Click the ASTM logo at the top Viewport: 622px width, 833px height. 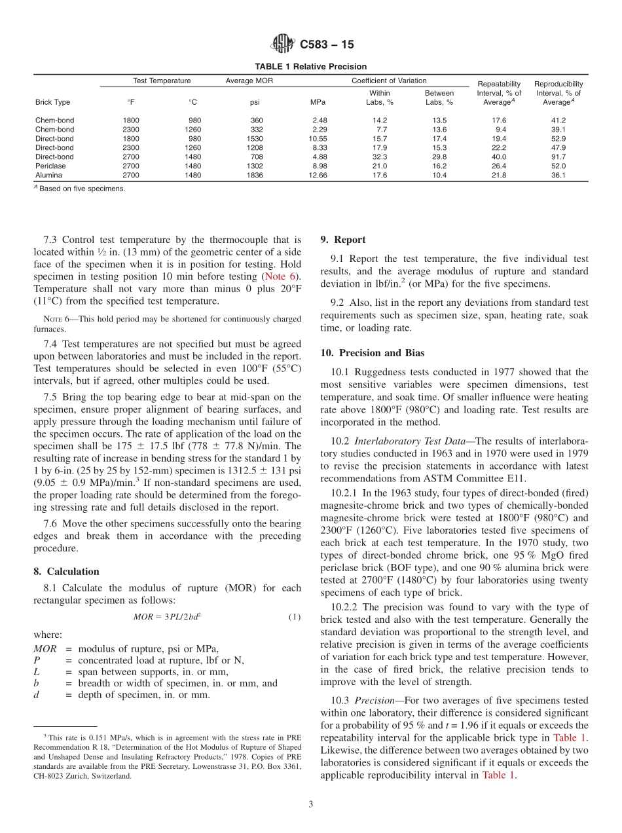[283, 45]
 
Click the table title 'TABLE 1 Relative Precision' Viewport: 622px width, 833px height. [310, 67]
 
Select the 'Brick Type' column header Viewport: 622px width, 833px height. [52, 102]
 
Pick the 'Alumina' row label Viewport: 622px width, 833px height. [48, 176]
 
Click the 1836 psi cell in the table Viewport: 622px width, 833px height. [255, 176]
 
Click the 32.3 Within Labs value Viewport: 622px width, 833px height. [379, 157]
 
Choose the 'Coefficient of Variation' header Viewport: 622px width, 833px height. [389, 81]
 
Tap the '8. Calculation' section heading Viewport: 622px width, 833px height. [66, 572]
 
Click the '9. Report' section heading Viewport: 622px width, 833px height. [343, 240]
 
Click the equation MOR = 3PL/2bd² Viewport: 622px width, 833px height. [167, 617]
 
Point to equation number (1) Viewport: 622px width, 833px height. [294, 617]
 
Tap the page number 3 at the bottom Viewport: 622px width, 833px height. [310, 804]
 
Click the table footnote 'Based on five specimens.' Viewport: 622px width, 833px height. [82, 189]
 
